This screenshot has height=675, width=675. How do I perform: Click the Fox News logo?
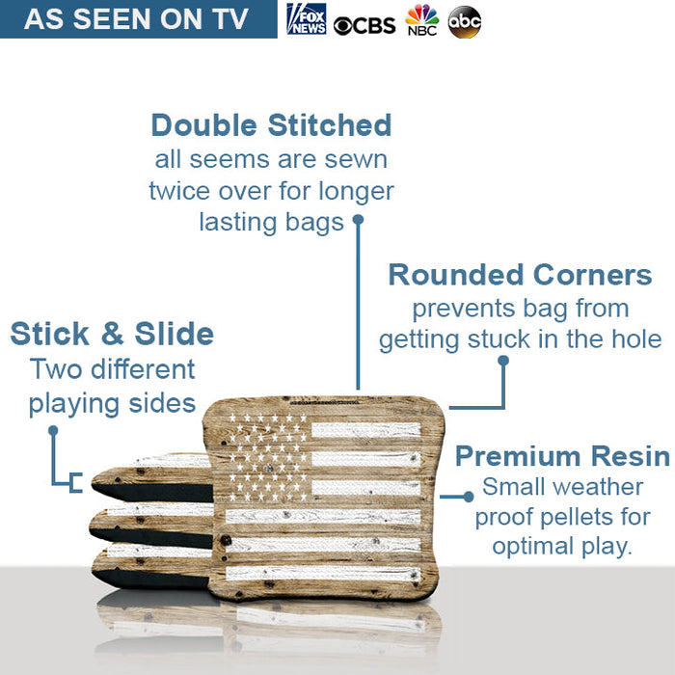click(307, 19)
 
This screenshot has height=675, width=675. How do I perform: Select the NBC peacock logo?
click(421, 20)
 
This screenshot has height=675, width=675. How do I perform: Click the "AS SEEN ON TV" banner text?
click(136, 19)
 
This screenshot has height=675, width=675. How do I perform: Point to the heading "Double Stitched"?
click(271, 125)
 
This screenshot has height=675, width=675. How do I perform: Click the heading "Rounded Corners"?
click(520, 275)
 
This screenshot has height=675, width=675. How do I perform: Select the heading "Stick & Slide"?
click(112, 335)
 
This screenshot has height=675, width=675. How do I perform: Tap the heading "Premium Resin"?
click(562, 456)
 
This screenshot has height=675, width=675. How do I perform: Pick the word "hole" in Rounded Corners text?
click(636, 339)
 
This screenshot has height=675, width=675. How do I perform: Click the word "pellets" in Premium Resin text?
click(596, 517)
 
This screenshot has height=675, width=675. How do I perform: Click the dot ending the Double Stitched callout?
click(358, 219)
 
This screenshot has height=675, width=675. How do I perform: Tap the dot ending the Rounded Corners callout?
click(502, 361)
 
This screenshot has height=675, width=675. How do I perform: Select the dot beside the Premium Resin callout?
click(469, 497)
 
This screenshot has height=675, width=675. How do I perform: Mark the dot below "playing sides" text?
click(54, 430)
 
